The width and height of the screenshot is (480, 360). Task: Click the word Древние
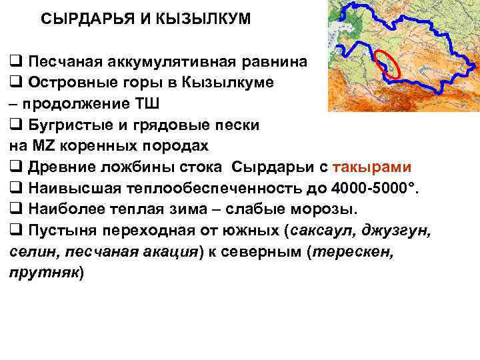(x=61, y=167)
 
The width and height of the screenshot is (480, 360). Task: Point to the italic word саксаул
(x=316, y=231)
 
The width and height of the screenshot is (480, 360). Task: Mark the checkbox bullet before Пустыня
(x=15, y=231)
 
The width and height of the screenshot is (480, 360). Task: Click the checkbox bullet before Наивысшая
(x=15, y=188)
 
